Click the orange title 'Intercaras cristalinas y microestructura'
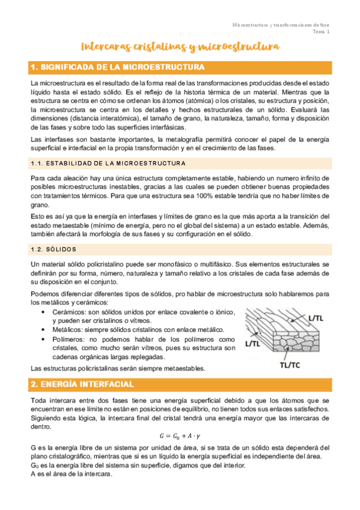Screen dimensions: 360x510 tap(180, 46)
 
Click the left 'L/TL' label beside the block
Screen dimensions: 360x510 tap(252, 343)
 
